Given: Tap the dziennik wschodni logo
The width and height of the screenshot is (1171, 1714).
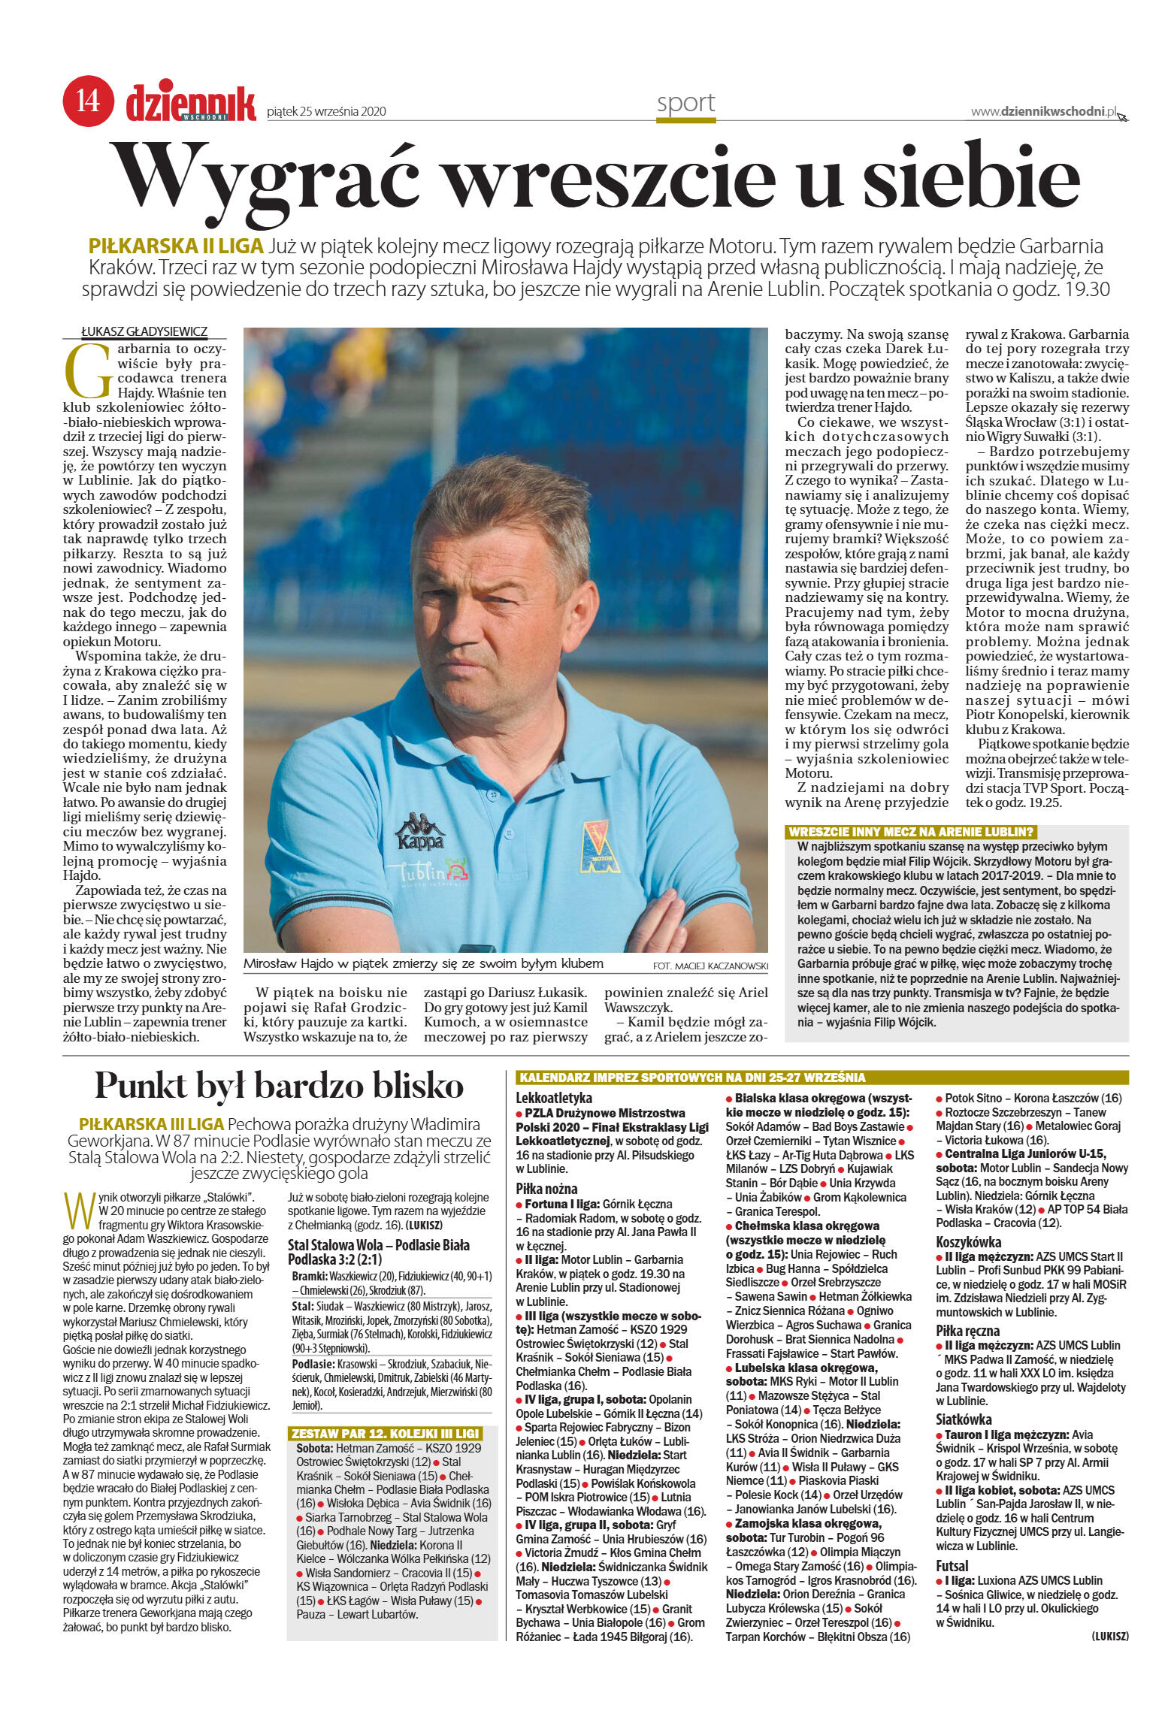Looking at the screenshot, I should point(191,103).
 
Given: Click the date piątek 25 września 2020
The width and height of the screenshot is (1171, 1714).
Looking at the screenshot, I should point(326,112).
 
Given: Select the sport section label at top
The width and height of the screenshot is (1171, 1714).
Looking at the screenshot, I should point(685,103).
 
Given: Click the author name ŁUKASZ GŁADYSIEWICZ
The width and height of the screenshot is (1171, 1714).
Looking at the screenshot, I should point(144,331).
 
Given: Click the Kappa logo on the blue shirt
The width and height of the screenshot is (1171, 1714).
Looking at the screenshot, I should point(420,831).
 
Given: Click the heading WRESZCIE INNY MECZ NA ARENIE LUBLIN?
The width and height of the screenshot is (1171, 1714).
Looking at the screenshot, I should point(911,832).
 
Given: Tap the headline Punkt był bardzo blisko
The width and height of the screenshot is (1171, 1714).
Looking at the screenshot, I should point(279,1086).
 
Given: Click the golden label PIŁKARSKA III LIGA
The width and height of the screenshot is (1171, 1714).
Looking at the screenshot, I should point(151,1124).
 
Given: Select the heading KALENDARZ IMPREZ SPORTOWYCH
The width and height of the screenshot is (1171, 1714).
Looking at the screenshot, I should point(692,1078).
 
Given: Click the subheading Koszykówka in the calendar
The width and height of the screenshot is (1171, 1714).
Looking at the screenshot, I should point(969,1242).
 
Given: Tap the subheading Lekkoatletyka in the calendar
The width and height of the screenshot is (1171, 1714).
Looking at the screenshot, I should point(553,1098).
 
